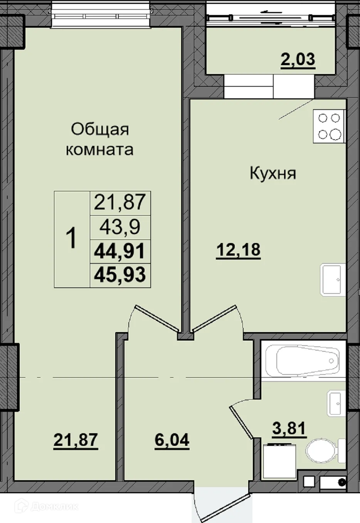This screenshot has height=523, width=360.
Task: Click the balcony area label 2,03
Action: (x=298, y=60)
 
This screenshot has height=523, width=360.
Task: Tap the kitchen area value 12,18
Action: (x=238, y=250)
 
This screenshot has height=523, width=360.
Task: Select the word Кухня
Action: (x=273, y=173)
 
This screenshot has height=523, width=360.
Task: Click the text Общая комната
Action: (x=99, y=139)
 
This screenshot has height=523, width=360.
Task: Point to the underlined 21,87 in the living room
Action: (x=76, y=440)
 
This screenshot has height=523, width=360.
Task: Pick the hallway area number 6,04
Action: (x=172, y=440)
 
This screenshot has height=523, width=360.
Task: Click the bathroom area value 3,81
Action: (x=289, y=429)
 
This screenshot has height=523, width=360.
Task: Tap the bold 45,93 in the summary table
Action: (x=120, y=275)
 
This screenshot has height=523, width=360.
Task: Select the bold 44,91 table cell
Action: (x=120, y=251)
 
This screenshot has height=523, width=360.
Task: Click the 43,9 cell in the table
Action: (x=120, y=227)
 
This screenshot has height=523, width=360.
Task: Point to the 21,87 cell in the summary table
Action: (x=120, y=202)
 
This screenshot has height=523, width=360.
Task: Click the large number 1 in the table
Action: (x=72, y=238)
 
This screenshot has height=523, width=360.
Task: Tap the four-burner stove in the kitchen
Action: (x=329, y=126)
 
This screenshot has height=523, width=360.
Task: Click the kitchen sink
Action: (x=333, y=280)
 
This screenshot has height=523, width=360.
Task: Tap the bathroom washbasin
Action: (x=335, y=403)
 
